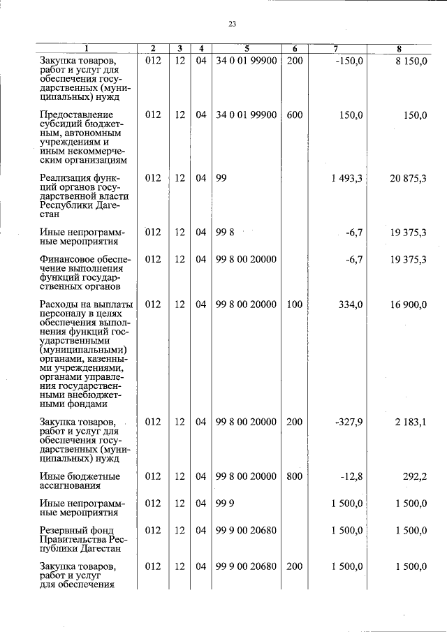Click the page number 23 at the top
click(233, 24)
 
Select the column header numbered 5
click(247, 49)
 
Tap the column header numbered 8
click(399, 49)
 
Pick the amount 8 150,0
click(410, 61)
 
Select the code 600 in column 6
click(295, 115)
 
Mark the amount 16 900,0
click(408, 304)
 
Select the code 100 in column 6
click(295, 304)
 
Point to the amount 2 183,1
click(410, 422)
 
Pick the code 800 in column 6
click(295, 476)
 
